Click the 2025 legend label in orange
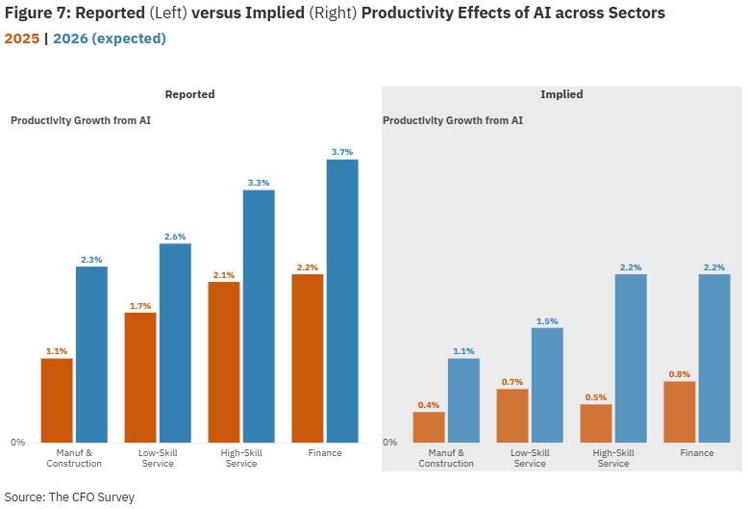(x=21, y=38)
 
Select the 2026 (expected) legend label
(x=109, y=38)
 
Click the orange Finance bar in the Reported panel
(x=308, y=358)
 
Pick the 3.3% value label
(x=259, y=183)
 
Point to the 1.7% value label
(x=140, y=306)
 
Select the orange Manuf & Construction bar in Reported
(x=57, y=399)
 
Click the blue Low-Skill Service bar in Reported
(x=175, y=343)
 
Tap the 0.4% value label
(x=429, y=405)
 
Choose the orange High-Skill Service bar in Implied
(x=596, y=423)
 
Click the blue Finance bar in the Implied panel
(x=714, y=358)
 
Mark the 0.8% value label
(x=680, y=374)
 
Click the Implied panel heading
(x=561, y=94)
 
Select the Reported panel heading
(x=189, y=94)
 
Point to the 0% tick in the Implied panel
(x=389, y=443)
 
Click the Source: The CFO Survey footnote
(x=69, y=497)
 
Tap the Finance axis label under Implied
(x=697, y=453)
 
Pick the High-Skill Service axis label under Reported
(x=241, y=458)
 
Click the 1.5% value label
(x=547, y=321)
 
